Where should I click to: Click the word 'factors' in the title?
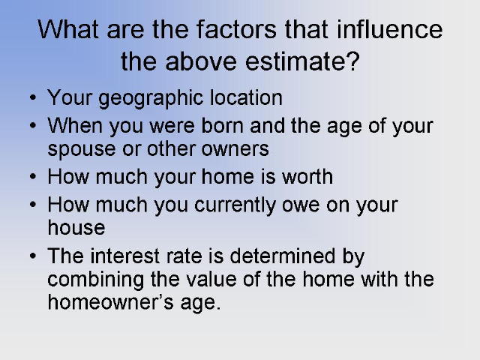click(x=236, y=29)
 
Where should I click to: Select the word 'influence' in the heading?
click(x=389, y=29)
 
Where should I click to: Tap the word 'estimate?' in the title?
click(x=302, y=61)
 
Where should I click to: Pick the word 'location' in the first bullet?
click(x=246, y=98)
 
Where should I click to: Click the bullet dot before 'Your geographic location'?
click(x=33, y=98)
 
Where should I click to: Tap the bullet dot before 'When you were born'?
click(x=33, y=126)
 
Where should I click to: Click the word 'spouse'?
click(x=82, y=150)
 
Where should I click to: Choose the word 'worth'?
click(x=307, y=177)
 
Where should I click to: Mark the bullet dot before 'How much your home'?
click(x=33, y=177)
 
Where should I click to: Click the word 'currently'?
click(x=235, y=205)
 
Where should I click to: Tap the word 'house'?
click(x=76, y=227)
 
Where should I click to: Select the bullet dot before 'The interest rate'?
click(x=33, y=256)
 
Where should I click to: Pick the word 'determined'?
click(x=283, y=256)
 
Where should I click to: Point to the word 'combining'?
click(x=96, y=280)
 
